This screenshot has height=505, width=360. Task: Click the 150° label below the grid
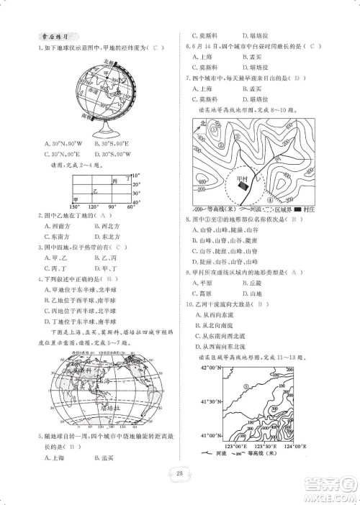click(76, 206)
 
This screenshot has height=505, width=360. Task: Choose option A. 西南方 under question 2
click(58, 224)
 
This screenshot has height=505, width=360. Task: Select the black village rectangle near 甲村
click(246, 186)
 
